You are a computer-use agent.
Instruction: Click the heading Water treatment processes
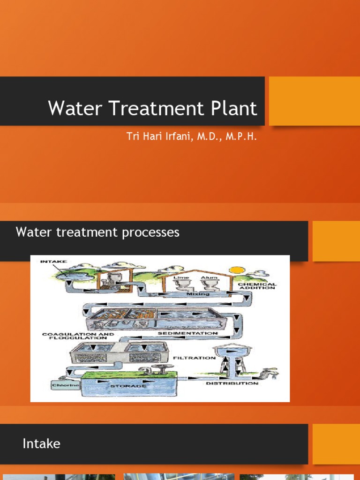[x=97, y=232]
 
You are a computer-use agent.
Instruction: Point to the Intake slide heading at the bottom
[x=41, y=443]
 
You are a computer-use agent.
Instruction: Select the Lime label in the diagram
[x=181, y=277]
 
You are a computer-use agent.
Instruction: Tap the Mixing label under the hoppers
[x=198, y=294]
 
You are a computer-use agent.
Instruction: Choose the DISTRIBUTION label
[x=232, y=383]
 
